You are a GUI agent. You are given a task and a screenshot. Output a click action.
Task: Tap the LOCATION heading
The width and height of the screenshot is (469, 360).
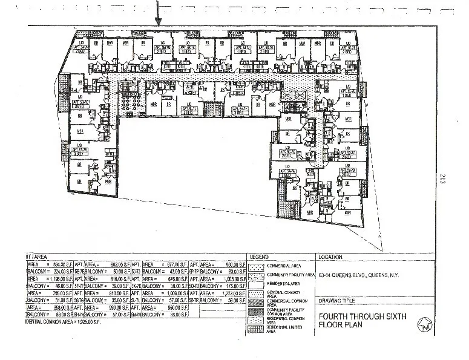tap(329, 257)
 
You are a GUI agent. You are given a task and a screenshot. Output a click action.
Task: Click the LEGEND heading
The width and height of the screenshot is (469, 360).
tap(258, 257)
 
